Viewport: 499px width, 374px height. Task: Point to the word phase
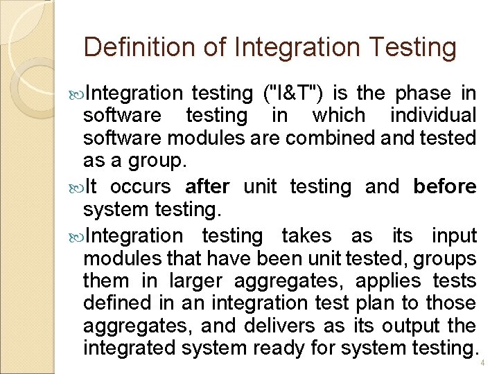(426, 93)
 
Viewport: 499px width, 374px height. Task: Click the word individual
(433, 115)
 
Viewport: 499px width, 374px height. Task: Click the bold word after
(207, 187)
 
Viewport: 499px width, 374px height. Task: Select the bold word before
(444, 187)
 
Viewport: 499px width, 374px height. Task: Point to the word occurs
(140, 187)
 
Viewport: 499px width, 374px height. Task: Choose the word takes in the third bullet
(306, 236)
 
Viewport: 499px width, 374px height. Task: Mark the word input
(454, 236)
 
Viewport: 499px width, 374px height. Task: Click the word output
(415, 326)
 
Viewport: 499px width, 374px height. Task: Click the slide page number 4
(482, 363)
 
